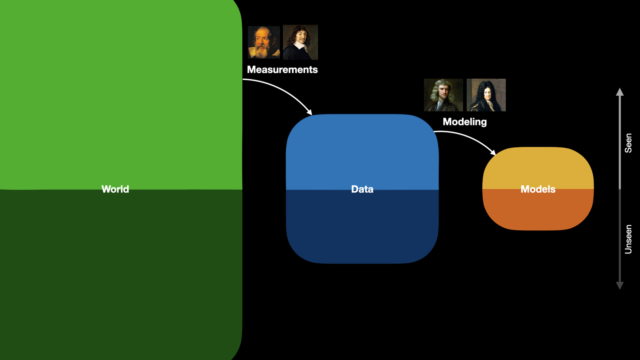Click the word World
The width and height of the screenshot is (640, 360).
115,189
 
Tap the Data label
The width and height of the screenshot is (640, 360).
362,189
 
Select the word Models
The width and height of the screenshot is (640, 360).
538,189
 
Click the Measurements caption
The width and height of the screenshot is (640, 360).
282,70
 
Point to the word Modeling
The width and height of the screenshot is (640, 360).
464,122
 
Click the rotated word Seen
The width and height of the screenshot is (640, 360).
628,143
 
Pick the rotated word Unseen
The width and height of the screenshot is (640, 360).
628,240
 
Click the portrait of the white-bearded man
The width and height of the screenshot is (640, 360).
264,42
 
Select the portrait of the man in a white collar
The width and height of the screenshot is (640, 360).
300,42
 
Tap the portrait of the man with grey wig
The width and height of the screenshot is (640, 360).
443,95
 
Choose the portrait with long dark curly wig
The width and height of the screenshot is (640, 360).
486,95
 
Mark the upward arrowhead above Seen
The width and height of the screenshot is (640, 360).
620,92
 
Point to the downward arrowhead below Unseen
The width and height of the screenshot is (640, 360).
620,286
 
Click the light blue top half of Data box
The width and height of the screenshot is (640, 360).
362,152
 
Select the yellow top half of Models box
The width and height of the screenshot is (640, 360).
538,168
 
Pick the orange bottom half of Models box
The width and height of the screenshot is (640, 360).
538,210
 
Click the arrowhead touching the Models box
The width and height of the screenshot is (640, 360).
493,152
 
